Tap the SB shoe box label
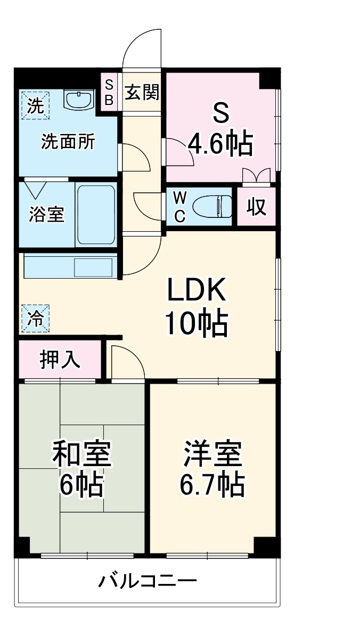(x=109, y=92)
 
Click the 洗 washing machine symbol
(x=35, y=105)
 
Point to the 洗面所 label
(x=68, y=142)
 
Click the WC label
(x=180, y=207)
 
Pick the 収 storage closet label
(x=256, y=207)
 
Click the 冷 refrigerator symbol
(x=35, y=319)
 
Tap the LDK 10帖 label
(x=197, y=306)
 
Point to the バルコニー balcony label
(x=147, y=580)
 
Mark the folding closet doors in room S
(x=256, y=175)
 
